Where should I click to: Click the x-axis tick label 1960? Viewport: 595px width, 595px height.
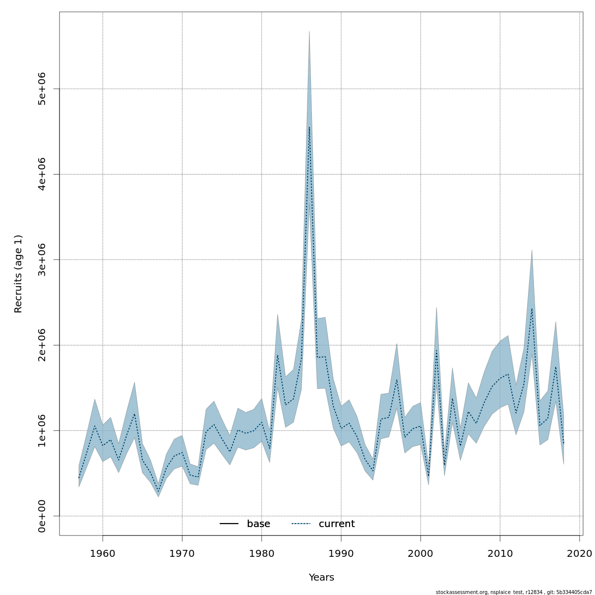pyautogui.click(x=103, y=553)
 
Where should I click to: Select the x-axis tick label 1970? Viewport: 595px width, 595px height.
pyautogui.click(x=182, y=553)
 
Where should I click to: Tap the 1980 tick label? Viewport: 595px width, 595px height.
pyautogui.click(x=261, y=553)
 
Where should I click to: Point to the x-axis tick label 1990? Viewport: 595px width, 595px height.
pyautogui.click(x=341, y=553)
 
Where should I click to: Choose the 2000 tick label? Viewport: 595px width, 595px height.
pyautogui.click(x=420, y=553)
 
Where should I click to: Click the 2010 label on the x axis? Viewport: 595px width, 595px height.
pyautogui.click(x=500, y=553)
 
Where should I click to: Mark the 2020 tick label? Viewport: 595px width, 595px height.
pyautogui.click(x=579, y=553)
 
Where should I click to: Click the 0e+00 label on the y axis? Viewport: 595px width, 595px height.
pyautogui.click(x=42, y=516)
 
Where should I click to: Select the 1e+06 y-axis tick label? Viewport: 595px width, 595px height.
pyautogui.click(x=42, y=430)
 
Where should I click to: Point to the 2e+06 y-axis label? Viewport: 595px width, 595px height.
pyautogui.click(x=42, y=345)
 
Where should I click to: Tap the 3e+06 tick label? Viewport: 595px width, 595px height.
pyautogui.click(x=42, y=260)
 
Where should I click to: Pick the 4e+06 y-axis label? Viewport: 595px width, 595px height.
pyautogui.click(x=42, y=174)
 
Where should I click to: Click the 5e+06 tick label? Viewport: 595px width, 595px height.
pyautogui.click(x=42, y=89)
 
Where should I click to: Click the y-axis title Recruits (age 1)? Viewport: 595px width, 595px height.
pyautogui.click(x=18, y=274)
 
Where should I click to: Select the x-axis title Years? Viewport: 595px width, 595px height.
pyautogui.click(x=321, y=578)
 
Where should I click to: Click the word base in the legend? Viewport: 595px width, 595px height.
pyautogui.click(x=258, y=524)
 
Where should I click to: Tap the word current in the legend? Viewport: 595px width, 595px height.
pyautogui.click(x=337, y=524)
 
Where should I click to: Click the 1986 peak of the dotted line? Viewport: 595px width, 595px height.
pyautogui.click(x=309, y=127)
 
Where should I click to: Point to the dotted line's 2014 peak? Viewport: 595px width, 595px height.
pyautogui.click(x=532, y=308)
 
